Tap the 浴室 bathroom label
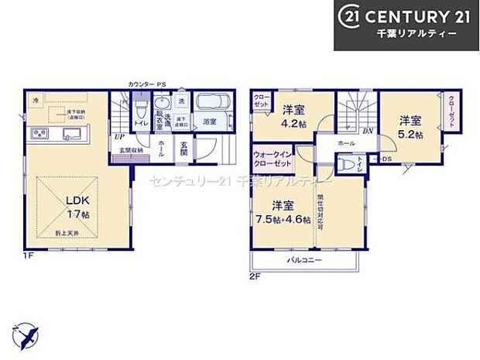tap(210, 122)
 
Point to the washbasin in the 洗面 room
tap(163, 104)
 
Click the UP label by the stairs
tap(120, 138)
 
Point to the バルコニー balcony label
tap(303, 259)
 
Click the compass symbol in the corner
tap(29, 338)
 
